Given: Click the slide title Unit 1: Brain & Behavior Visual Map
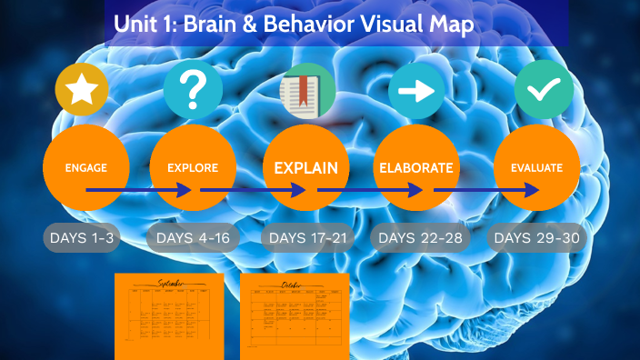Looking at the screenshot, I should click(294, 25).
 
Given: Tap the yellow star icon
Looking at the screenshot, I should click(82, 90).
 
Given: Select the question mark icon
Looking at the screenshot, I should click(193, 90).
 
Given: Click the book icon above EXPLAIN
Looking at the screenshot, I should click(307, 93).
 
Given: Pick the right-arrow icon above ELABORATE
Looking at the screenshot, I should click(416, 91).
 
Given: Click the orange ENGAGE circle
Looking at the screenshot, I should click(86, 168).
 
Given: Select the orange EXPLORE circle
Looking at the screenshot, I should click(193, 168).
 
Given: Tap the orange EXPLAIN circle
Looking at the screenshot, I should click(305, 168).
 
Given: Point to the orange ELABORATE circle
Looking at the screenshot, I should click(415, 168).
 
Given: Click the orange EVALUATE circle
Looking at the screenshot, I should click(536, 168).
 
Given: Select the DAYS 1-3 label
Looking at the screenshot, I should click(83, 238).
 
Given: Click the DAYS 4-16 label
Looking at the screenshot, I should click(193, 238).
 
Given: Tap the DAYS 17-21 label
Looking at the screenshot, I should click(305, 238).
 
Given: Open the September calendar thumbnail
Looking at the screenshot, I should click(169, 315).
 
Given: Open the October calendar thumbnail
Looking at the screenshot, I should click(294, 315).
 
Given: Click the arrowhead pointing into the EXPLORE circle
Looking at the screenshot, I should click(185, 190).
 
